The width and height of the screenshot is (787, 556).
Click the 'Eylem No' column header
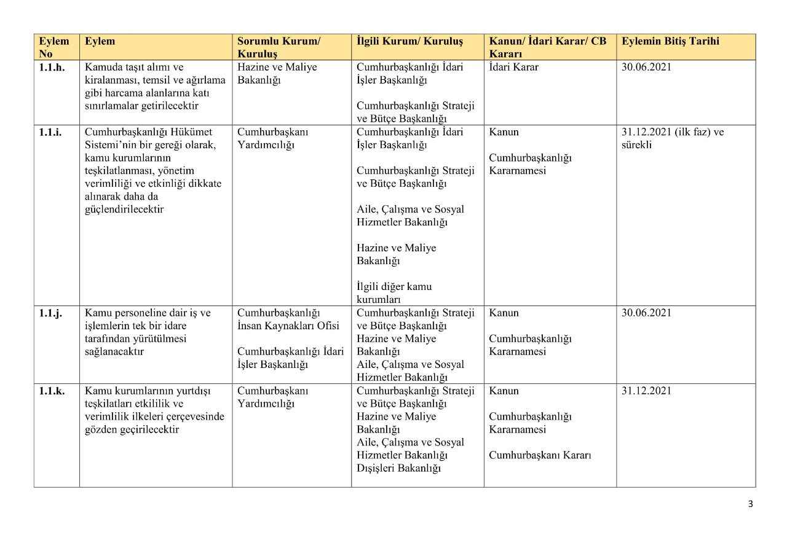point(54,47)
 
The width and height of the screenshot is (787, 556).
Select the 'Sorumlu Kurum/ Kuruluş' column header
point(279,47)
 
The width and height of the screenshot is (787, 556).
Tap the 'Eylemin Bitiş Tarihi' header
point(670,42)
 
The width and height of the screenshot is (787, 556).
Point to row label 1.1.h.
point(52,68)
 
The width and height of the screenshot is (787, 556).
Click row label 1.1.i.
point(50,132)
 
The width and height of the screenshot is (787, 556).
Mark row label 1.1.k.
point(52,391)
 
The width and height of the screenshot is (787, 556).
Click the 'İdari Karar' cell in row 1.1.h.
point(513,68)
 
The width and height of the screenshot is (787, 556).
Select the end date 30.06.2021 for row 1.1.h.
point(646,68)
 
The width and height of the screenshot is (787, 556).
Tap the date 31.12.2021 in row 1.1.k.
point(646,391)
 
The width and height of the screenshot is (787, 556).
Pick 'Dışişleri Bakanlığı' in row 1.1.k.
point(399,469)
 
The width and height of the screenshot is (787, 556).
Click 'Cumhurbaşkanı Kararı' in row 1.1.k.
point(540,455)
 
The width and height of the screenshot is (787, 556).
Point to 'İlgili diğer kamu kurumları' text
point(394,293)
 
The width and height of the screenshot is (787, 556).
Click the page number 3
point(750,504)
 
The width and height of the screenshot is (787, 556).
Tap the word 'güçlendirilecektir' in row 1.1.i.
point(124,209)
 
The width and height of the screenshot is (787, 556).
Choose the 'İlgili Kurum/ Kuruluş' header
point(409,42)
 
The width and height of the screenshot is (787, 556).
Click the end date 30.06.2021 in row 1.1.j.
point(646,313)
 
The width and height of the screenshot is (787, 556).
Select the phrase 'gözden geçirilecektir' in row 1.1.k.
point(132,429)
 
